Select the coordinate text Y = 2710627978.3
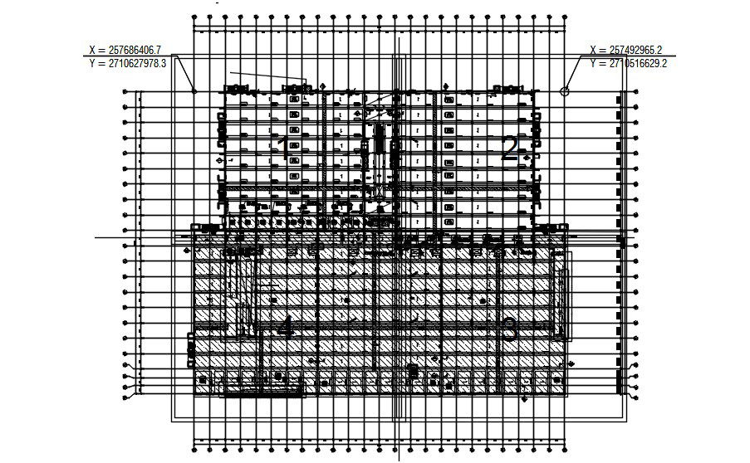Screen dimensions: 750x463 pyautogui.click(x=138, y=63)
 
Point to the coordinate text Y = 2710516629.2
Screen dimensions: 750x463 pyautogui.click(x=629, y=63)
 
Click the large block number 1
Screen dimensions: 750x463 pyautogui.click(x=283, y=149)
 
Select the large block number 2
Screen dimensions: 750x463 pyautogui.click(x=511, y=149)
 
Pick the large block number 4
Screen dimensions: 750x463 pyautogui.click(x=285, y=326)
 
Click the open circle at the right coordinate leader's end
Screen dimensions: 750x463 pyautogui.click(x=565, y=91)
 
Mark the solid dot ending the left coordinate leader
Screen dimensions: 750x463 pyautogui.click(x=194, y=90)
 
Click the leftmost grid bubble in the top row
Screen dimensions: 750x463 pyautogui.click(x=194, y=16)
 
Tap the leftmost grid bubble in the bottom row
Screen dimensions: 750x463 pyautogui.click(x=194, y=448)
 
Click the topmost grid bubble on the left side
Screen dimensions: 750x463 pyautogui.click(x=125, y=94)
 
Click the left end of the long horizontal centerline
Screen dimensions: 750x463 pyautogui.click(x=96, y=237)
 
